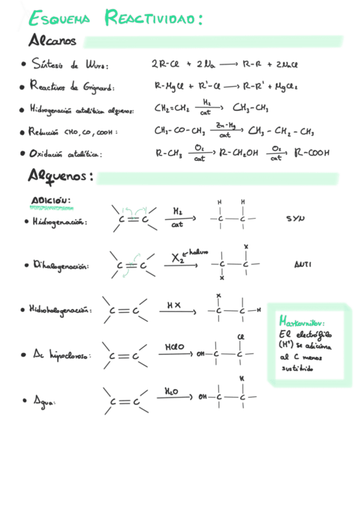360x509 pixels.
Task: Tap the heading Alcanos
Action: [x=53, y=41]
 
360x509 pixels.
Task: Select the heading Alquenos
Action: [x=60, y=176]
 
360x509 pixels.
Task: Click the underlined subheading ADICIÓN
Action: [x=51, y=200]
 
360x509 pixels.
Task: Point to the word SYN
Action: [x=295, y=218]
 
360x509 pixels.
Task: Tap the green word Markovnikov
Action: [x=302, y=323]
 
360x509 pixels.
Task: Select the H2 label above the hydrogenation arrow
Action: [x=178, y=211]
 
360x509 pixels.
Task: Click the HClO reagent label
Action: [x=175, y=347]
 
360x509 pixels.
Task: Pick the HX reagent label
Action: [x=174, y=306]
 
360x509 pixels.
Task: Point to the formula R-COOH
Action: [x=312, y=153]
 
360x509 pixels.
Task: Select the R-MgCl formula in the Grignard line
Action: [x=169, y=87]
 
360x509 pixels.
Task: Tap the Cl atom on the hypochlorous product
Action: [x=241, y=337]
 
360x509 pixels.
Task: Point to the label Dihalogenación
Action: [x=61, y=265]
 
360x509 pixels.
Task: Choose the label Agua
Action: [x=44, y=400]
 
